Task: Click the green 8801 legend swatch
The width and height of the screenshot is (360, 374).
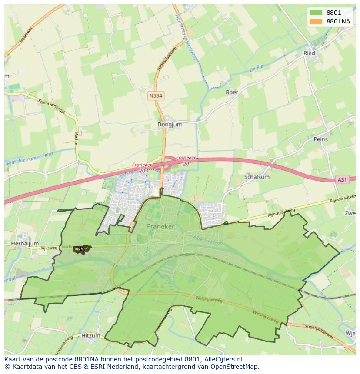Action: coord(316,13)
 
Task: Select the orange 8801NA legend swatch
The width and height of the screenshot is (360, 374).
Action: coord(316,22)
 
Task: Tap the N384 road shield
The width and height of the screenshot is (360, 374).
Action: coord(156,96)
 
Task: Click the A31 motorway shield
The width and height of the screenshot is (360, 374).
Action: coord(343,179)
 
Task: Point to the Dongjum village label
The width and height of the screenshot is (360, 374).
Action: coord(170,124)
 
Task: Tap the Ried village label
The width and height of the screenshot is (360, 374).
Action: coord(309,53)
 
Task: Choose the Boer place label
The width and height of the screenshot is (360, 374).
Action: coord(232,92)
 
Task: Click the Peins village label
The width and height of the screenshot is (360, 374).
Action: coord(320,139)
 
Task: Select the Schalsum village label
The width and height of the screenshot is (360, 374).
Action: coord(257,177)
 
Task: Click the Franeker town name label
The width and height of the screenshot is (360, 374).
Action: coord(160,226)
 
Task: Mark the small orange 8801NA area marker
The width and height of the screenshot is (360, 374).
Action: coord(82,249)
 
